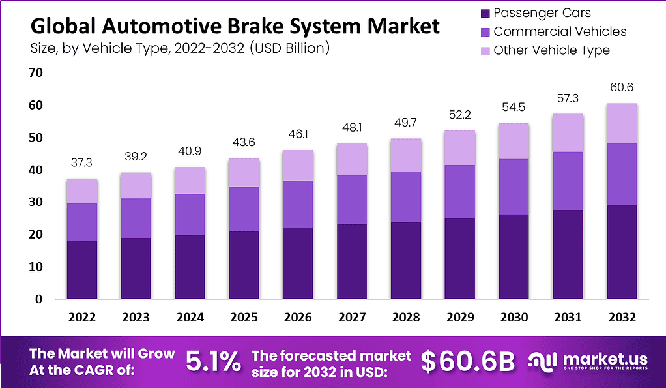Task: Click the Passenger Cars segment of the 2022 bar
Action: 81,270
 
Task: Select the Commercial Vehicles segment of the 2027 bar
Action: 352,200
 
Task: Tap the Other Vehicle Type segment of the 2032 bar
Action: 622,123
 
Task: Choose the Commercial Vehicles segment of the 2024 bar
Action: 190,215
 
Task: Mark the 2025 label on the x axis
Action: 244,318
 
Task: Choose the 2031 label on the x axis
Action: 568,318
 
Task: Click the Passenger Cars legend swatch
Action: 484,13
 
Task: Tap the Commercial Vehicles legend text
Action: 560,31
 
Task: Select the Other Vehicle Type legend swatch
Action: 484,50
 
